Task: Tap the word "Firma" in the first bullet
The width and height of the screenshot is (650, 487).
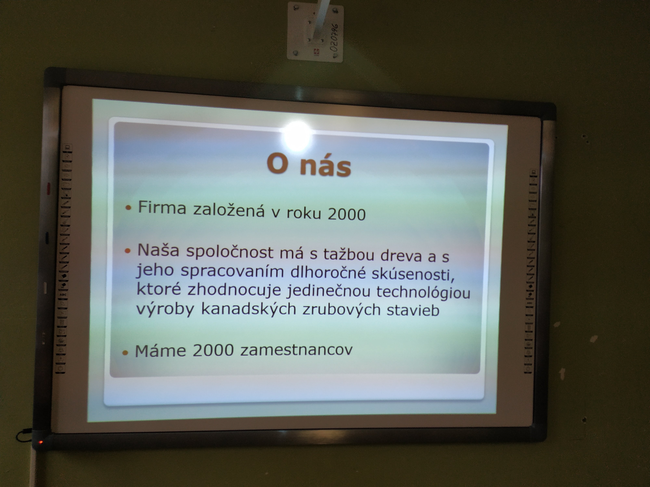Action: [x=162, y=208]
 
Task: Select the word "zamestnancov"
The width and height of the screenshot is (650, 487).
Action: [x=296, y=350]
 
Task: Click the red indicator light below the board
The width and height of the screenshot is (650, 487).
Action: [x=41, y=442]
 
